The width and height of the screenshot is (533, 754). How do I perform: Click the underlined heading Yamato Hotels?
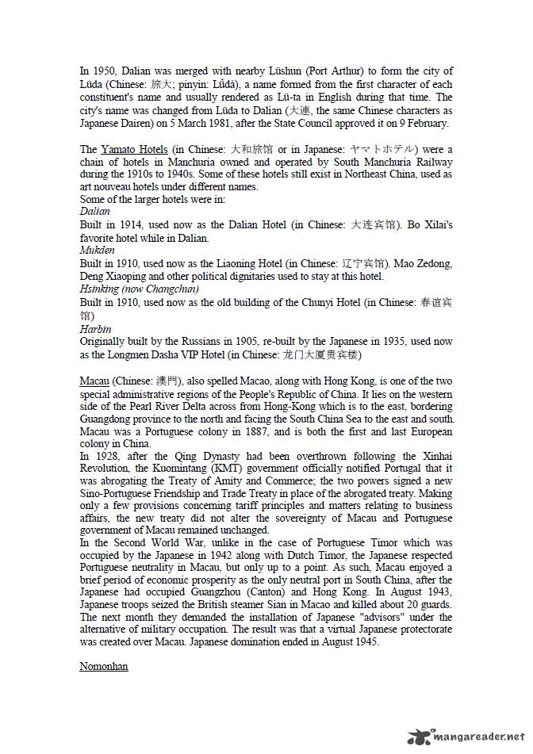pyautogui.click(x=133, y=149)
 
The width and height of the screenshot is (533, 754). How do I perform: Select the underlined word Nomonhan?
pyautogui.click(x=103, y=666)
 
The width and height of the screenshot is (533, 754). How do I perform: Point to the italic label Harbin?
pyautogui.click(x=95, y=328)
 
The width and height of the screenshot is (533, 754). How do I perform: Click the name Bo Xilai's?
pyautogui.click(x=431, y=225)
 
